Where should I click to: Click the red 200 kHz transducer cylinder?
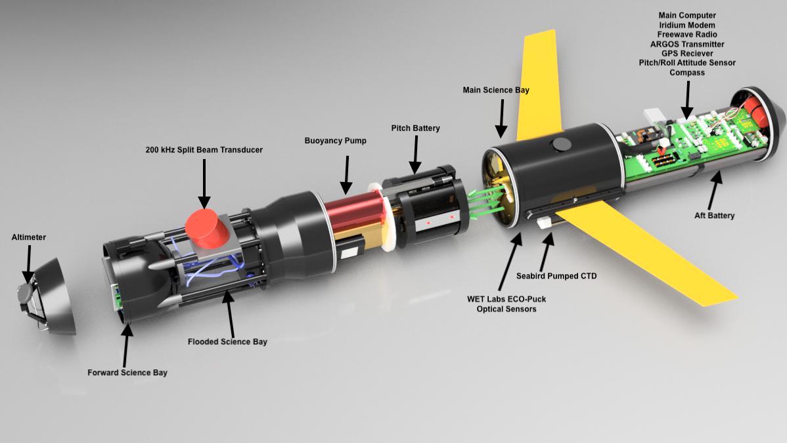(204, 229)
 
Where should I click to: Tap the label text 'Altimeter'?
(29, 237)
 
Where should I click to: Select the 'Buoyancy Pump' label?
(335, 141)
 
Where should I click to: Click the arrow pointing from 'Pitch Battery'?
(415, 154)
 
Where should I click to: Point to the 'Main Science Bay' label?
(496, 90)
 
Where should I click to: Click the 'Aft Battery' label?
(714, 216)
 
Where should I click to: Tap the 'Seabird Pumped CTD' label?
(556, 276)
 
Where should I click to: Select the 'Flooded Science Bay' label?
(227, 342)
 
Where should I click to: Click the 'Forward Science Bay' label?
(127, 372)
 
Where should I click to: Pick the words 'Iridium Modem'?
(687, 25)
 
